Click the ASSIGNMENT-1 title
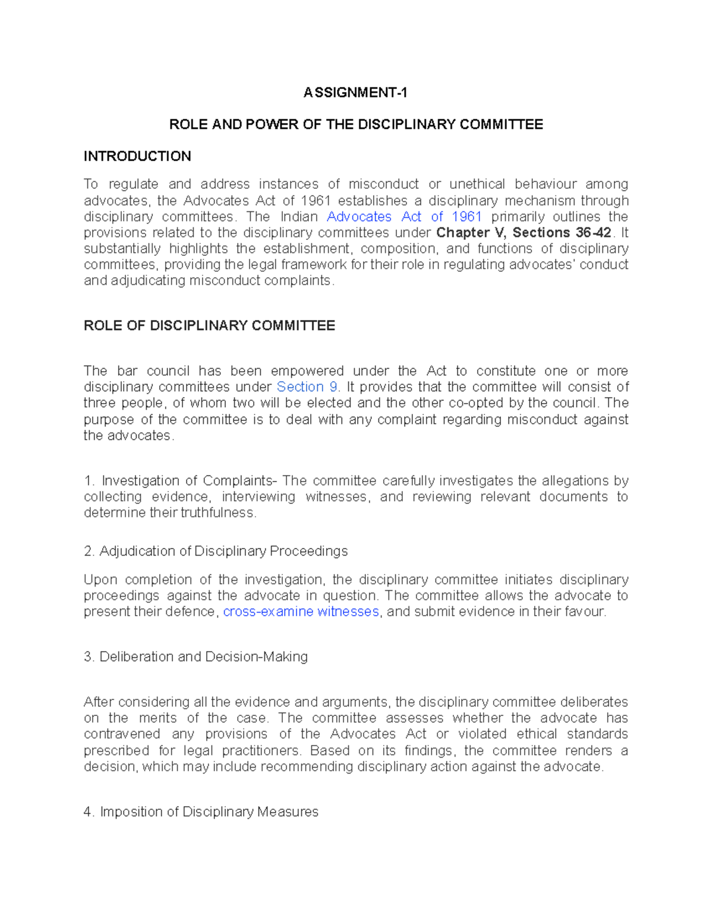(355, 93)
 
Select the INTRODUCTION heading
(137, 156)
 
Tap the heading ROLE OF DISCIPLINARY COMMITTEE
(209, 325)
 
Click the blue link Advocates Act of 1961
(404, 217)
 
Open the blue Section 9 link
(307, 387)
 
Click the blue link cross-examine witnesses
(301, 612)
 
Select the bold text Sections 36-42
(561, 233)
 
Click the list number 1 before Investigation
(89, 481)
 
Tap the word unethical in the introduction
(477, 184)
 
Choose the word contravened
(122, 734)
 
